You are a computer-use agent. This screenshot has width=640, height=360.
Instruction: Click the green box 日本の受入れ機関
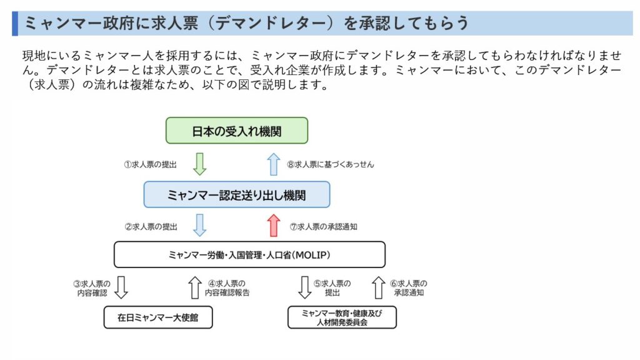237,131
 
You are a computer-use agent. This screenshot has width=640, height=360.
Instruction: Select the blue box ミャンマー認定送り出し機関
237,195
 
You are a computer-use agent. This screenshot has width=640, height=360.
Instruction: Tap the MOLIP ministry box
249,255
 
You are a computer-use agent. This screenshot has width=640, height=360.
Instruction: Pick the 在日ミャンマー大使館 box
158,317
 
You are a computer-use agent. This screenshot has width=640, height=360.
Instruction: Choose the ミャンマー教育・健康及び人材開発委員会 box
342,317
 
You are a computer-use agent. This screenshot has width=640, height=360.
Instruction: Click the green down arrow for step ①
199,164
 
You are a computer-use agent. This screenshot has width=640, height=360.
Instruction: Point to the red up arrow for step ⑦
274,225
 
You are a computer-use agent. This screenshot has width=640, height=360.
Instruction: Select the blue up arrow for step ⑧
274,164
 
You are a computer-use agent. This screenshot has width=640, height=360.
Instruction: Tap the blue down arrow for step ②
199,225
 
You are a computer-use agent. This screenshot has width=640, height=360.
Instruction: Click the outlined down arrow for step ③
121,287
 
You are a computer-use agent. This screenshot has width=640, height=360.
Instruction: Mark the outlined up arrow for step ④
195,287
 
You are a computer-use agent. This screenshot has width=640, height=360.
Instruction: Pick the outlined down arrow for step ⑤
304,287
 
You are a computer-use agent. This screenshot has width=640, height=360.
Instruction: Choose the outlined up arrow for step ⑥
378,287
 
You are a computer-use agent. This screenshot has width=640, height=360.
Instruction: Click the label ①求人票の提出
150,164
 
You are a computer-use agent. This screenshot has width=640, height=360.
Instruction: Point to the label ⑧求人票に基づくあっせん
331,164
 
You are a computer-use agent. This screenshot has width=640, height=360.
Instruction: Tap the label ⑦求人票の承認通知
324,226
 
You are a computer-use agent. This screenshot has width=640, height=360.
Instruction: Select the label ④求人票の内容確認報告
227,287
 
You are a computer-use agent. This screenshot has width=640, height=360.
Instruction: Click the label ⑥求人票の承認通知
409,287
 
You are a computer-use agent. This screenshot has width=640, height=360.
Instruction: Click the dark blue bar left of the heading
15,23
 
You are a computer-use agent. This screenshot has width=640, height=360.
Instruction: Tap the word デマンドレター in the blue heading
271,23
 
